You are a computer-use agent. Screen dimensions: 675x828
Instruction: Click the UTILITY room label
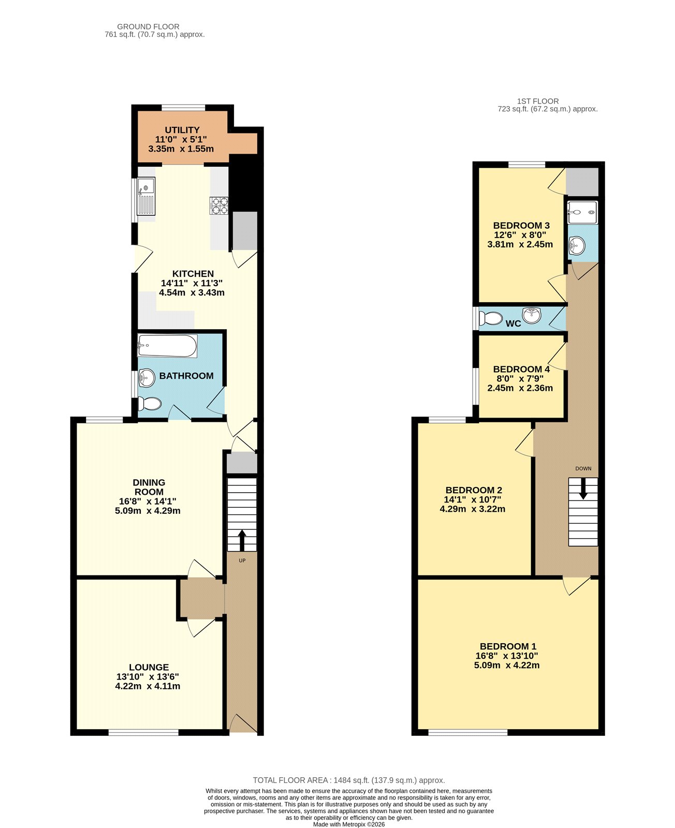[182, 130]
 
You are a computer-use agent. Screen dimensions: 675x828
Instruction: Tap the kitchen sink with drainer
[146, 196]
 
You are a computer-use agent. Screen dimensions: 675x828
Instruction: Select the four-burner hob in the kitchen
[219, 206]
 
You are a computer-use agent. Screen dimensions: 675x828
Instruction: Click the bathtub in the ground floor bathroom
[168, 346]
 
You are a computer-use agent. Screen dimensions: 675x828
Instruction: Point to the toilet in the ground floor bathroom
[150, 404]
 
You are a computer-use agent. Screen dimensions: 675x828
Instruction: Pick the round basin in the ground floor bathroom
[147, 377]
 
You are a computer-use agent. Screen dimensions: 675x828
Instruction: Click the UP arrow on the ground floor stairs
[242, 540]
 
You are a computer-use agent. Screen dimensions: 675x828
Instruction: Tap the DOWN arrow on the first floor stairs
[583, 489]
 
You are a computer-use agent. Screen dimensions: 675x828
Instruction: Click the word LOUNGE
[149, 667]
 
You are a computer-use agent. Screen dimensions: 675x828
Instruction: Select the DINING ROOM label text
[149, 487]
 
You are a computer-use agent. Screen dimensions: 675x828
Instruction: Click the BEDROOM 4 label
[521, 369]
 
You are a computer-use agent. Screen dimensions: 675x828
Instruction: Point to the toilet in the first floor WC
[491, 318]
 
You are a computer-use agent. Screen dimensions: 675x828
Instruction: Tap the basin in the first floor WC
[532, 315]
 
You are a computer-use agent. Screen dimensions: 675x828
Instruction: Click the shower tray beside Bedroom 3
[582, 212]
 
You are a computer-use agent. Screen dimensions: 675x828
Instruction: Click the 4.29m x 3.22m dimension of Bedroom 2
[473, 509]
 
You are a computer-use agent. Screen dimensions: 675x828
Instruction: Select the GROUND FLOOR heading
[148, 26]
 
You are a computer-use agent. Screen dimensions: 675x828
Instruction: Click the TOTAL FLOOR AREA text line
[349, 780]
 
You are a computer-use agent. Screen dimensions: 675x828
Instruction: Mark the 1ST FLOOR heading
[538, 101]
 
